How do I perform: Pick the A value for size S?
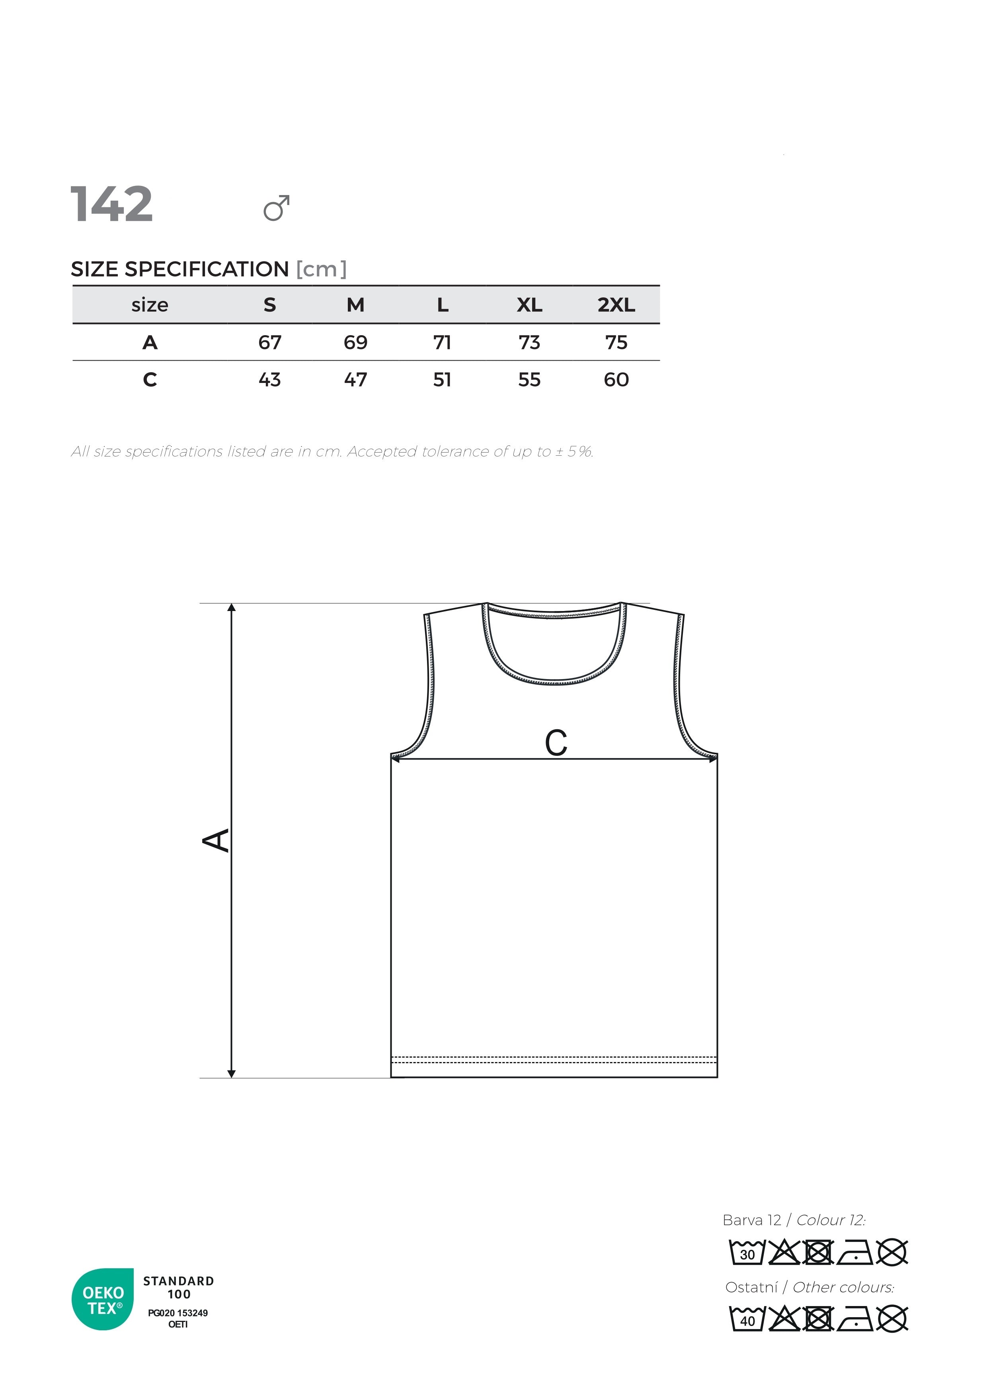click(x=270, y=342)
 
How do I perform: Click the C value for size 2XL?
click(x=616, y=380)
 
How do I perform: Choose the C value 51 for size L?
click(x=443, y=380)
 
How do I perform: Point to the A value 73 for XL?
click(x=529, y=342)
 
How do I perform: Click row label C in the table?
click(x=150, y=380)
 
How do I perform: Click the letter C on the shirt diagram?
click(x=556, y=743)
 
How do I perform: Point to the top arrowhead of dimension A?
click(x=232, y=608)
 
